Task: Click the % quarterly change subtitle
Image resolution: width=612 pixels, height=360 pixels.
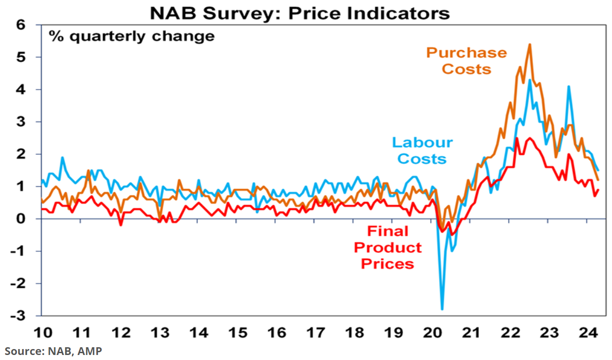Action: [x=132, y=36]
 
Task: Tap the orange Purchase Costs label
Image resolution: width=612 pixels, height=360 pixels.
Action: [x=467, y=61]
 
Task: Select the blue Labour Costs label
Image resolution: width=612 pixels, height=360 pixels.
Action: [x=422, y=150]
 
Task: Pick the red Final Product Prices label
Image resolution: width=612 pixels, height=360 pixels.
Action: [x=388, y=247]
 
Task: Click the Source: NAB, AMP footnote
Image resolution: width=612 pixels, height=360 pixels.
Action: [x=54, y=351]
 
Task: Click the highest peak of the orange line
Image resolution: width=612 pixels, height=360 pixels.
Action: [x=529, y=44]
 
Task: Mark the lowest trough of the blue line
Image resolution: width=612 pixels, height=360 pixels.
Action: [x=442, y=309]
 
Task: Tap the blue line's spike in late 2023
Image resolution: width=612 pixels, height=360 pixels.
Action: [x=569, y=86]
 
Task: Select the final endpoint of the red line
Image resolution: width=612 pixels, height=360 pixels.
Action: [x=598, y=190]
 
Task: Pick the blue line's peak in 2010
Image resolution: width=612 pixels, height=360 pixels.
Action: [x=62, y=157]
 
